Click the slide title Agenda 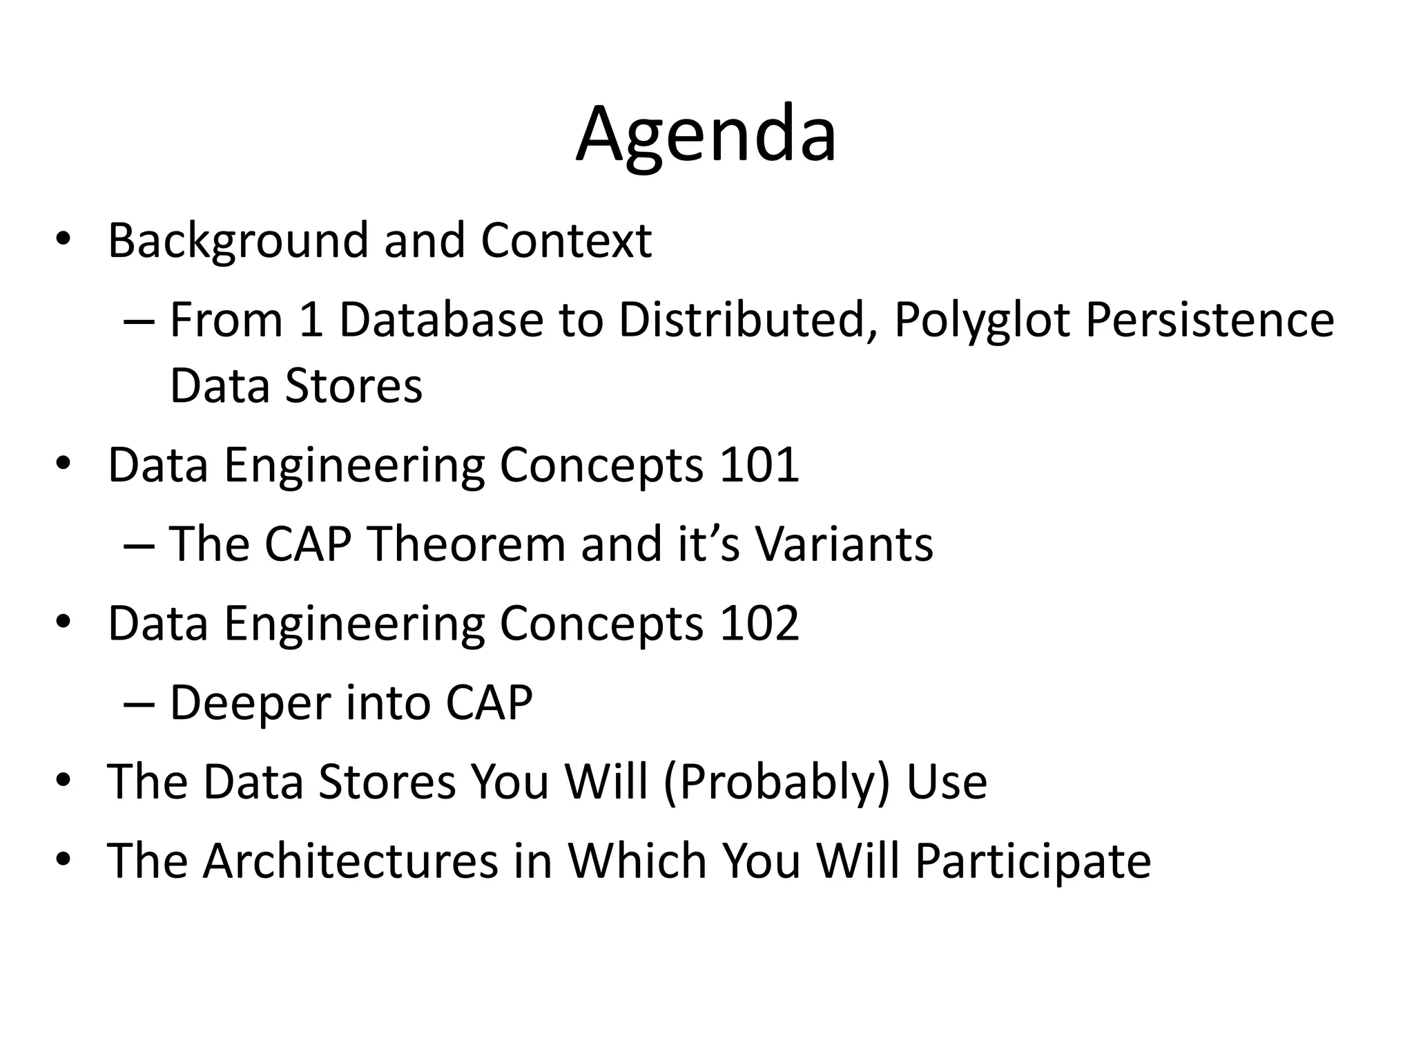click(x=706, y=135)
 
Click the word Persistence click(x=1209, y=321)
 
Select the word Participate click(x=1033, y=861)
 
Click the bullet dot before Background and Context click(x=63, y=239)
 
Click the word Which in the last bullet click(x=637, y=861)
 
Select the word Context click(x=566, y=241)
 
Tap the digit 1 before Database click(x=311, y=321)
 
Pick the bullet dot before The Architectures click(x=63, y=859)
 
